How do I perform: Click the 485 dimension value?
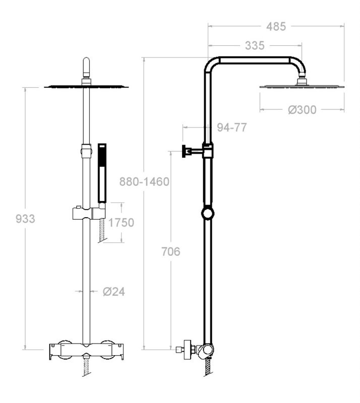[x=275, y=27]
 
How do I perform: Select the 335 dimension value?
[x=255, y=46]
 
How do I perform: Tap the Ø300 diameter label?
[x=303, y=109]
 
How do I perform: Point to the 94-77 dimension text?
[x=231, y=127]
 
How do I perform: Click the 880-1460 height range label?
[x=144, y=181]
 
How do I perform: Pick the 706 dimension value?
[x=171, y=251]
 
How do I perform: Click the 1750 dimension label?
[x=121, y=222]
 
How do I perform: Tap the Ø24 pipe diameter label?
[x=113, y=291]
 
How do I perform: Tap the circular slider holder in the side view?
[x=207, y=214]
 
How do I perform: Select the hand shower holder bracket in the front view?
[x=86, y=213]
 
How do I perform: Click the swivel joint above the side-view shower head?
[x=302, y=78]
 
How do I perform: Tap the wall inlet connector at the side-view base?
[x=185, y=349]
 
